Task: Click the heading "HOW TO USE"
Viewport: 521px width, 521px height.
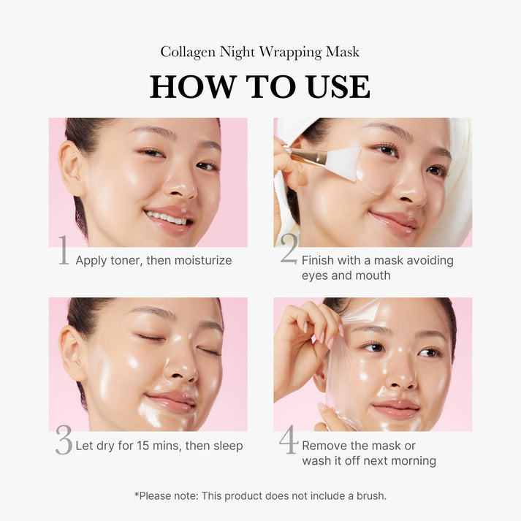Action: (260, 86)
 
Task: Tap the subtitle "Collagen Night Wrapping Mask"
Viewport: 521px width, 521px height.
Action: (260, 52)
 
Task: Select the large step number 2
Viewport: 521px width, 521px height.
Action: (289, 251)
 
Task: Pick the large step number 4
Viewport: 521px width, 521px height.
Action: (289, 441)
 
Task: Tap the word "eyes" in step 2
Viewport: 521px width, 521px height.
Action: (316, 275)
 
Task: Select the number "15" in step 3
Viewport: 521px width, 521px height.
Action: (144, 446)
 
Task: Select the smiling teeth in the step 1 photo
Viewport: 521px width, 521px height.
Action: (167, 218)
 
